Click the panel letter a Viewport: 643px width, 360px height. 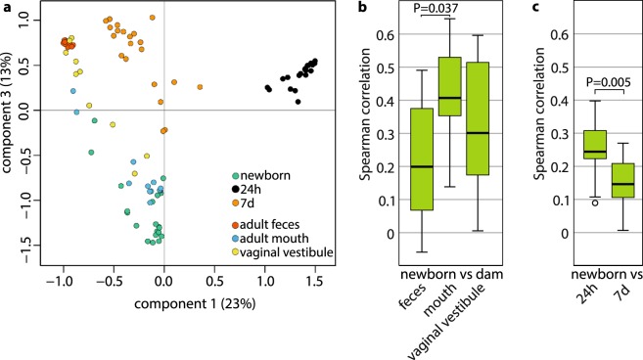click(x=6, y=8)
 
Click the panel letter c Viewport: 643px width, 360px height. click(x=560, y=8)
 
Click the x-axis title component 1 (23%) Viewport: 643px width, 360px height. click(x=163, y=294)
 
